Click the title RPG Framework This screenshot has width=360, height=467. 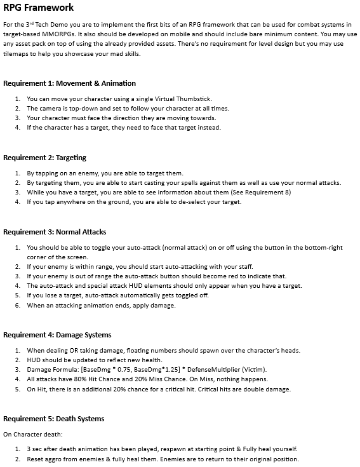pyautogui.click(x=39, y=8)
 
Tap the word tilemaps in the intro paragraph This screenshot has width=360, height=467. pyautogui.click(x=18, y=53)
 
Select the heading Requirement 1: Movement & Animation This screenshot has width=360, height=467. pyautogui.click(x=69, y=83)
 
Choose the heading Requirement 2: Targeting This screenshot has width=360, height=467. pyautogui.click(x=44, y=158)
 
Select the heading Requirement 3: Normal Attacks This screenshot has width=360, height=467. pyautogui.click(x=55, y=232)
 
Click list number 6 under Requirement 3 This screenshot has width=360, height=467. pyautogui.click(x=18, y=305)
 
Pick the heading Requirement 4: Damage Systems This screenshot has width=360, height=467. pyautogui.click(x=57, y=335)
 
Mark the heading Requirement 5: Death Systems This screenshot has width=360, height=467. pyautogui.click(x=54, y=419)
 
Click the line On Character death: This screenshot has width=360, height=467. pyautogui.click(x=31, y=435)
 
